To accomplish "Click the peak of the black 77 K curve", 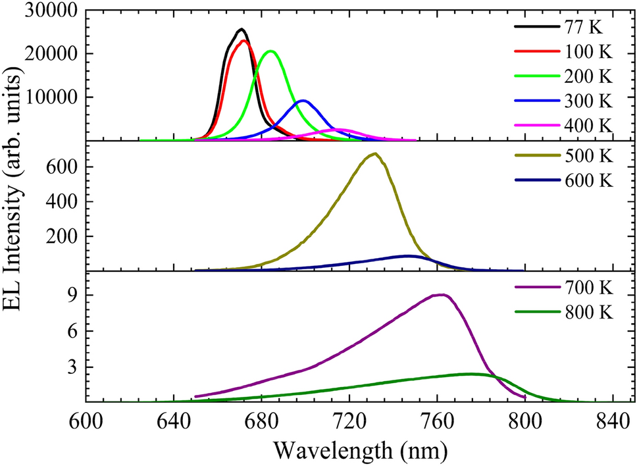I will (242, 30).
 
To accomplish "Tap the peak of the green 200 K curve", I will (270, 51).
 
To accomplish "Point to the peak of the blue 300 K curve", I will (303, 101).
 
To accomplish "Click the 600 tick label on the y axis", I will (59, 167).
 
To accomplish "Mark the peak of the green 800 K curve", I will (470, 374).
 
